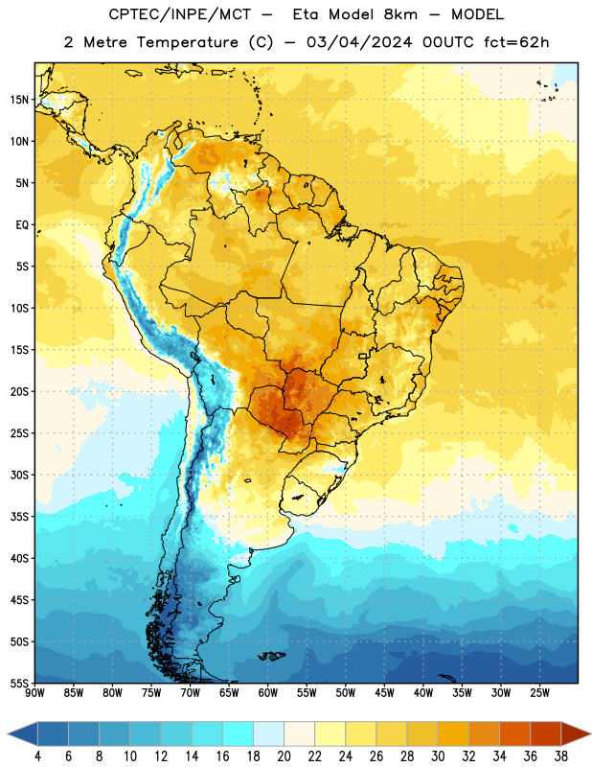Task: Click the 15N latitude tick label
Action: [19, 100]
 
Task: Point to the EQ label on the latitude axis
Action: [22, 225]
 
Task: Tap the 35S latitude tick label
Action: [19, 517]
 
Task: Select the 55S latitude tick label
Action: [19, 683]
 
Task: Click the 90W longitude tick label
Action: [34, 693]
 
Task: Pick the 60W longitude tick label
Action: [268, 693]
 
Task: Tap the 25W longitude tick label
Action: [539, 693]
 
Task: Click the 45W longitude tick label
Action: [384, 693]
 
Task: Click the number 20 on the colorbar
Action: [284, 756]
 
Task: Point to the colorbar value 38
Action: [561, 756]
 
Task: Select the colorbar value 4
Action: [37, 756]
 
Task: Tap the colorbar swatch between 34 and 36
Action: [514, 734]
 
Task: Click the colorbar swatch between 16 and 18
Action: [238, 734]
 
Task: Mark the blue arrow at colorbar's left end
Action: [22, 734]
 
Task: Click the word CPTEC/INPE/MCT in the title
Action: [180, 14]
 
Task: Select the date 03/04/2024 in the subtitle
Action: [359, 42]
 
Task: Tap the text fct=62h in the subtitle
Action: [516, 42]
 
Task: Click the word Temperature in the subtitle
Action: [187, 42]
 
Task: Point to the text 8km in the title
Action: [400, 14]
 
